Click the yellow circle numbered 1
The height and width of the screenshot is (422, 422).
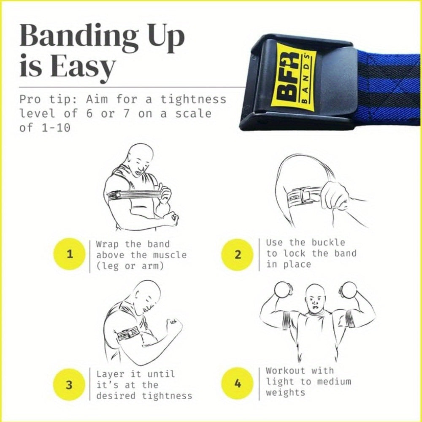(70, 254)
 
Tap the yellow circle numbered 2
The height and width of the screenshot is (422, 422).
(237, 254)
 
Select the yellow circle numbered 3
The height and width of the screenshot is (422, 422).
(69, 384)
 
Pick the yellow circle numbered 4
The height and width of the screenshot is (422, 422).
(237, 384)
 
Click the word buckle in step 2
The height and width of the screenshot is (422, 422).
(328, 243)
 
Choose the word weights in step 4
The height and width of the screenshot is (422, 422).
(286, 392)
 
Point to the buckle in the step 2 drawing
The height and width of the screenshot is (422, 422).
(305, 197)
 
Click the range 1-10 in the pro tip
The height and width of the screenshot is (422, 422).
(56, 127)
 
